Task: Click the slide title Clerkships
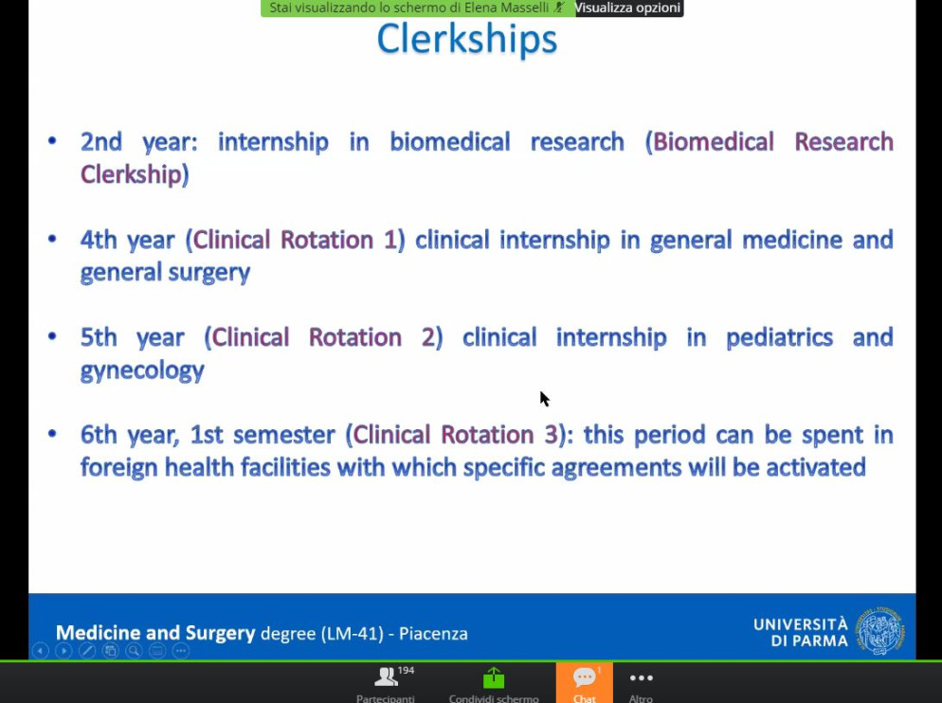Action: click(467, 40)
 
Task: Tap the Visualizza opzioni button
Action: click(628, 8)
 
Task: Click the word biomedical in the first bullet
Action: click(450, 142)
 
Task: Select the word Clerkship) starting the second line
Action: click(135, 175)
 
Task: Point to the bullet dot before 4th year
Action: click(52, 239)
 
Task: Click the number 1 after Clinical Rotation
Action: click(390, 240)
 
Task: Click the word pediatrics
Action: click(779, 337)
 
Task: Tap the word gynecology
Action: click(142, 370)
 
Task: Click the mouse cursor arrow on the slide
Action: click(544, 398)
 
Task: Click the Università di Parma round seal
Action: click(880, 630)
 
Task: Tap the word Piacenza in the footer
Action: click(433, 633)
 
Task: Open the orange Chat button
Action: click(584, 682)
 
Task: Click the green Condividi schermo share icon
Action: click(494, 677)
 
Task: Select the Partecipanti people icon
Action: click(386, 677)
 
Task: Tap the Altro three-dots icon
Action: click(641, 677)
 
